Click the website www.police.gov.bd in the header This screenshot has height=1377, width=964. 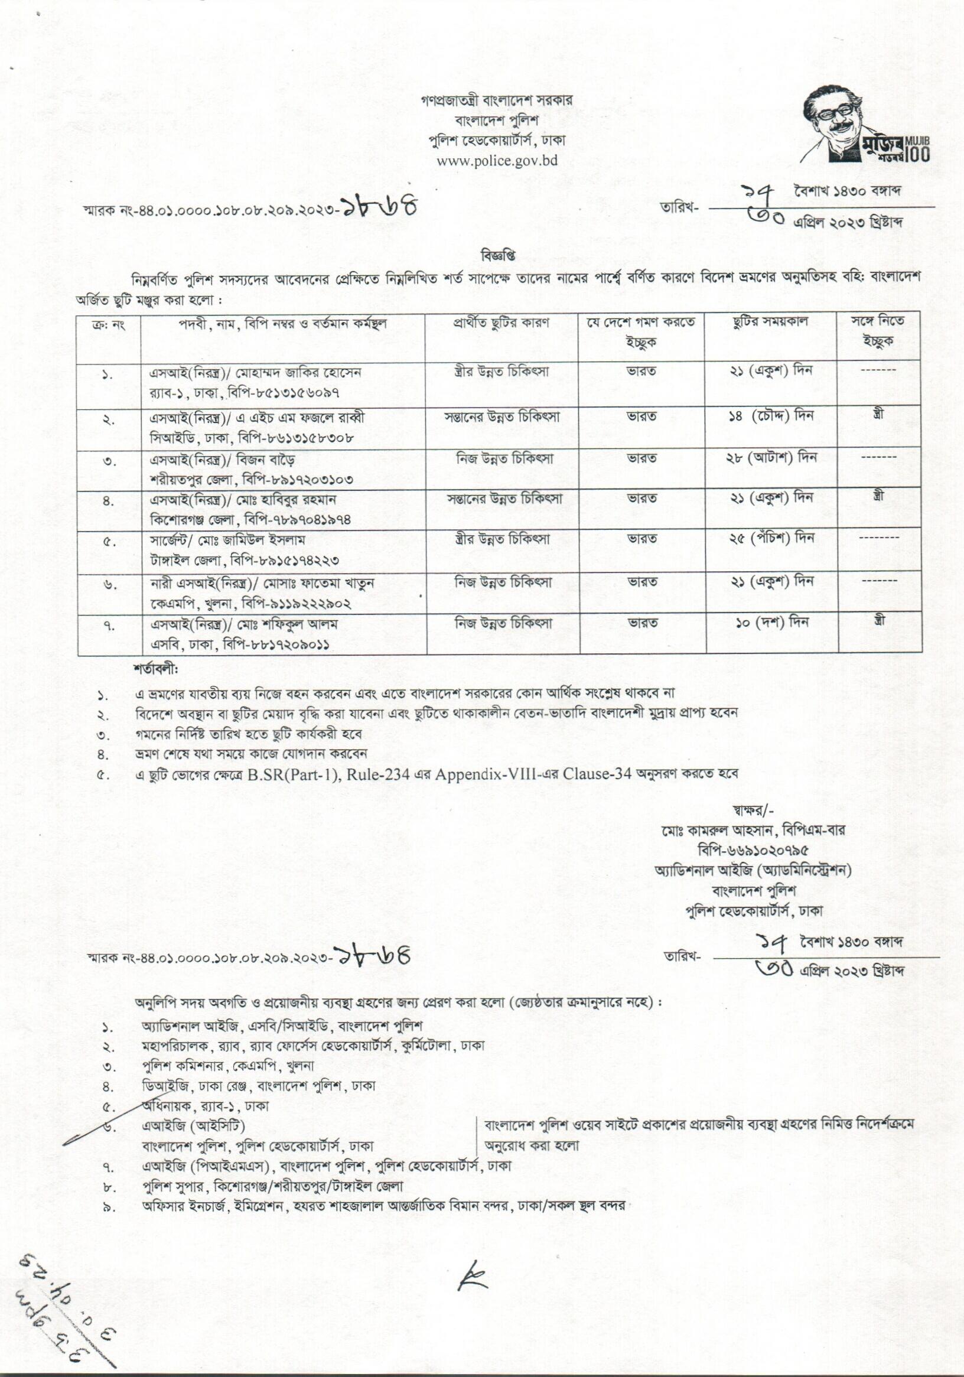point(497,160)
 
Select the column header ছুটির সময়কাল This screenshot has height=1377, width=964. point(770,322)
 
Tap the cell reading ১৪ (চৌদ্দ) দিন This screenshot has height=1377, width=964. point(770,416)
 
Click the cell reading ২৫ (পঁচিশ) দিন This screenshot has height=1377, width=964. point(770,539)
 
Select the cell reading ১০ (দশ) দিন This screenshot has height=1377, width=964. point(770,623)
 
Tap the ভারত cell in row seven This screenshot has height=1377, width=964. point(642,623)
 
